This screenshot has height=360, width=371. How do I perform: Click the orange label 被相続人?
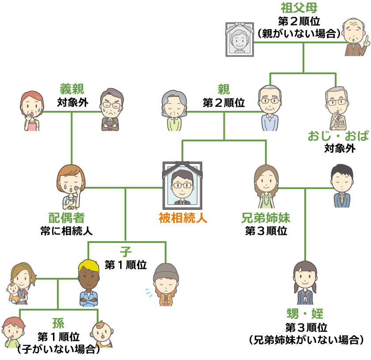pos(183,218)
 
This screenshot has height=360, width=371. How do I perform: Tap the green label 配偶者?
pos(66,218)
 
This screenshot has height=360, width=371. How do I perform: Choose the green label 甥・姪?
pos(305,315)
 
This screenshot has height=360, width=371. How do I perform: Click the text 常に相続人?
pos(66,230)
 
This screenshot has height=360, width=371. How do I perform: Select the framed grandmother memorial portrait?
pos(240,38)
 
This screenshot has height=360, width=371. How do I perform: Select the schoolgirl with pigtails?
pos(305,282)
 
